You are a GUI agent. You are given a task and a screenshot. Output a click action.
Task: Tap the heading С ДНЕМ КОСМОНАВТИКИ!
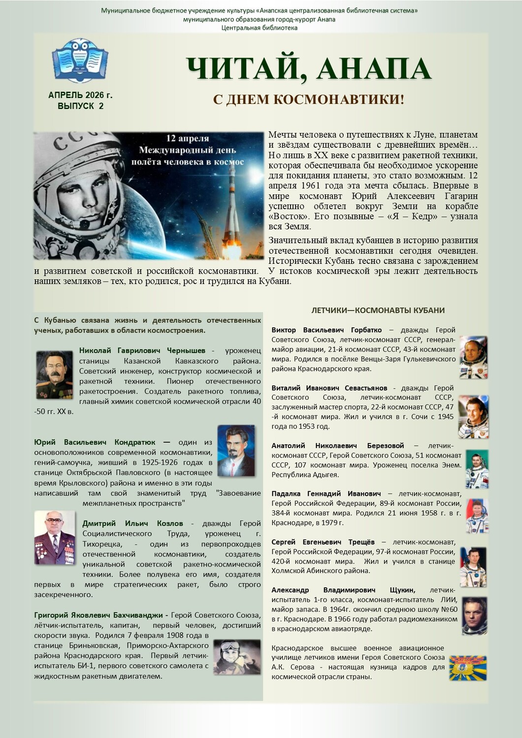click(308, 99)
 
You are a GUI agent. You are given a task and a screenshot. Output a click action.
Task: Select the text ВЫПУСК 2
click(80, 106)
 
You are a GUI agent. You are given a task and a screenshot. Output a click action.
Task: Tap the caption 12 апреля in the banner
click(187, 138)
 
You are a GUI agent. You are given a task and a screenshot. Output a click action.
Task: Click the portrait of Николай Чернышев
click(54, 374)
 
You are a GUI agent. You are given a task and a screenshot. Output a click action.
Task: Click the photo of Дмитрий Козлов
click(54, 537)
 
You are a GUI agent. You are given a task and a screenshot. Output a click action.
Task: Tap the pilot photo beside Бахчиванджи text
click(237, 656)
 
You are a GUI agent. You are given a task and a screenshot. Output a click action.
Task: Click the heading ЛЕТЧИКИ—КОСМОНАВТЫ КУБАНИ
click(378, 311)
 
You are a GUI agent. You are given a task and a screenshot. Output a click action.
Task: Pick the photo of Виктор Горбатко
click(473, 357)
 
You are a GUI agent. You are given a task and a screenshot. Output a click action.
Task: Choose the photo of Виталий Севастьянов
click(473, 417)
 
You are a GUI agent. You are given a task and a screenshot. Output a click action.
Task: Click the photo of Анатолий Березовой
click(476, 468)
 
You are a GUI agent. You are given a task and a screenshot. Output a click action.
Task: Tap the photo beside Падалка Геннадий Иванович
click(476, 515)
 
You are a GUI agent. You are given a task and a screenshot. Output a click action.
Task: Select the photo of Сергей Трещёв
click(473, 566)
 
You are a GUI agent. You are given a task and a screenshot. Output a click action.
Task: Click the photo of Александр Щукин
click(474, 615)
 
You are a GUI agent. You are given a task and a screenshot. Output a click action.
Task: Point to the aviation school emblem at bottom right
click(467, 668)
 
